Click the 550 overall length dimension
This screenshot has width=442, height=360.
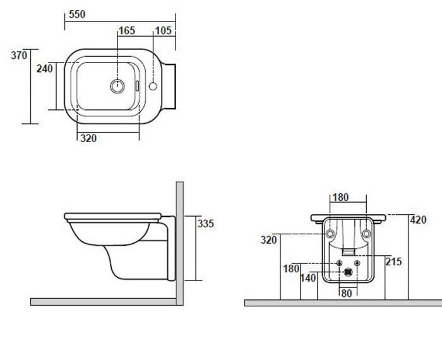(x=77, y=14)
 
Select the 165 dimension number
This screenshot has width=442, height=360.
(x=127, y=30)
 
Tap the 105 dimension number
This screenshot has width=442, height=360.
(x=163, y=30)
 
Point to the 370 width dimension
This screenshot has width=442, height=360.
(x=19, y=55)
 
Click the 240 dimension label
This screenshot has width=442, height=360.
(x=45, y=68)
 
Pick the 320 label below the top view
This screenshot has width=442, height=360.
(x=88, y=138)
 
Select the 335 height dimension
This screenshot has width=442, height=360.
(x=206, y=224)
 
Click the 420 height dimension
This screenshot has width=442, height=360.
(x=418, y=220)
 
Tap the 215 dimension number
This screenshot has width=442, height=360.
(x=393, y=261)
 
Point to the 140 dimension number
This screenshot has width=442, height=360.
(x=308, y=279)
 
